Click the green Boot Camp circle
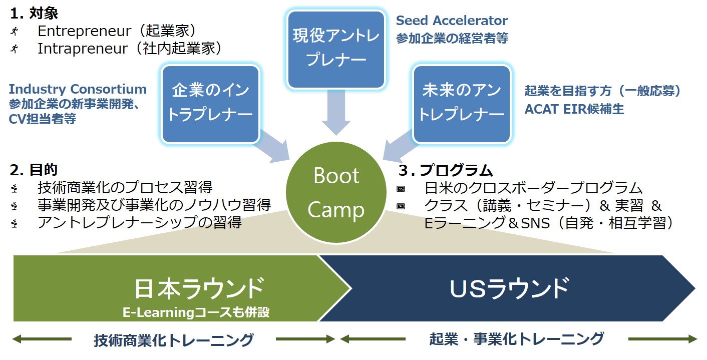pos(336,193)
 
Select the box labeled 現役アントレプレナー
pos(336,49)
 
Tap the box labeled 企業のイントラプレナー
pos(210,103)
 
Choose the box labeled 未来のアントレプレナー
pos(461,103)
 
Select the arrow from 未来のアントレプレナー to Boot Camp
pos(401,145)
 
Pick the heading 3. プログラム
pos(446,170)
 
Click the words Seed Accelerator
pos(452,21)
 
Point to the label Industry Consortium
pos(78,90)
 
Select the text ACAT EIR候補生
pos(574,109)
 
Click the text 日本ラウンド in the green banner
pos(199,288)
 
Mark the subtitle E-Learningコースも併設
pos(196,312)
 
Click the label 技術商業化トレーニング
pos(173,340)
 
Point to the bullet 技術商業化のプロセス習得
pos(125,188)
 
